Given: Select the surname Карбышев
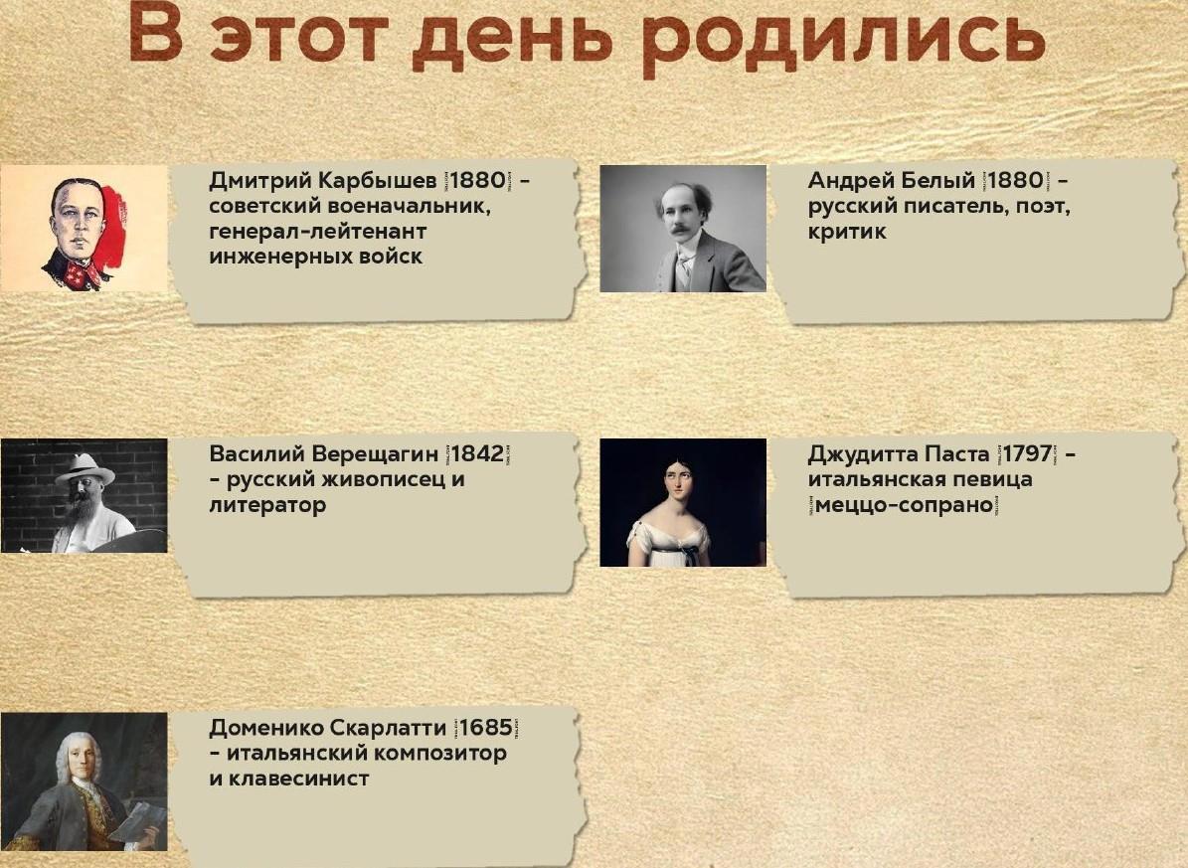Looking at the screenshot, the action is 378,180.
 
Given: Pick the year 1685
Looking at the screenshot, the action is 486,727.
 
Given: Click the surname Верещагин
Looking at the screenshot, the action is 375,454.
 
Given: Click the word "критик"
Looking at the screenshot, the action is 847,232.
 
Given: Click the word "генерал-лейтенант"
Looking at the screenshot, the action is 317,232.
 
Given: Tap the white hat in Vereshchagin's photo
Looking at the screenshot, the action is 85,468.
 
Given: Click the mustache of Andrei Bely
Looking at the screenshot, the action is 682,227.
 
